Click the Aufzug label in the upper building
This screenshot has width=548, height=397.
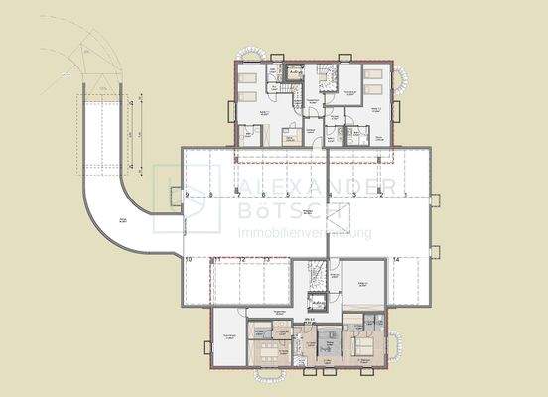coord(296,72)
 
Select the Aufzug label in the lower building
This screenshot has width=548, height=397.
coord(319,304)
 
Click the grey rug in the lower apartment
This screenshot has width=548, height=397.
coord(329,347)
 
